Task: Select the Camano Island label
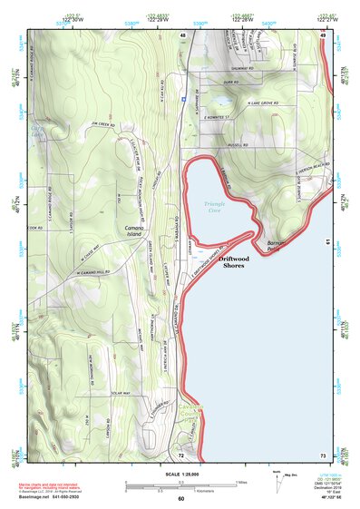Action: click(x=137, y=232)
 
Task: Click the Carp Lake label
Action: click(x=36, y=134)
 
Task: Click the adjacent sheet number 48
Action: click(x=183, y=36)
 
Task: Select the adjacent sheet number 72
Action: click(x=181, y=454)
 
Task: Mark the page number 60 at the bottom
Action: click(x=180, y=499)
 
